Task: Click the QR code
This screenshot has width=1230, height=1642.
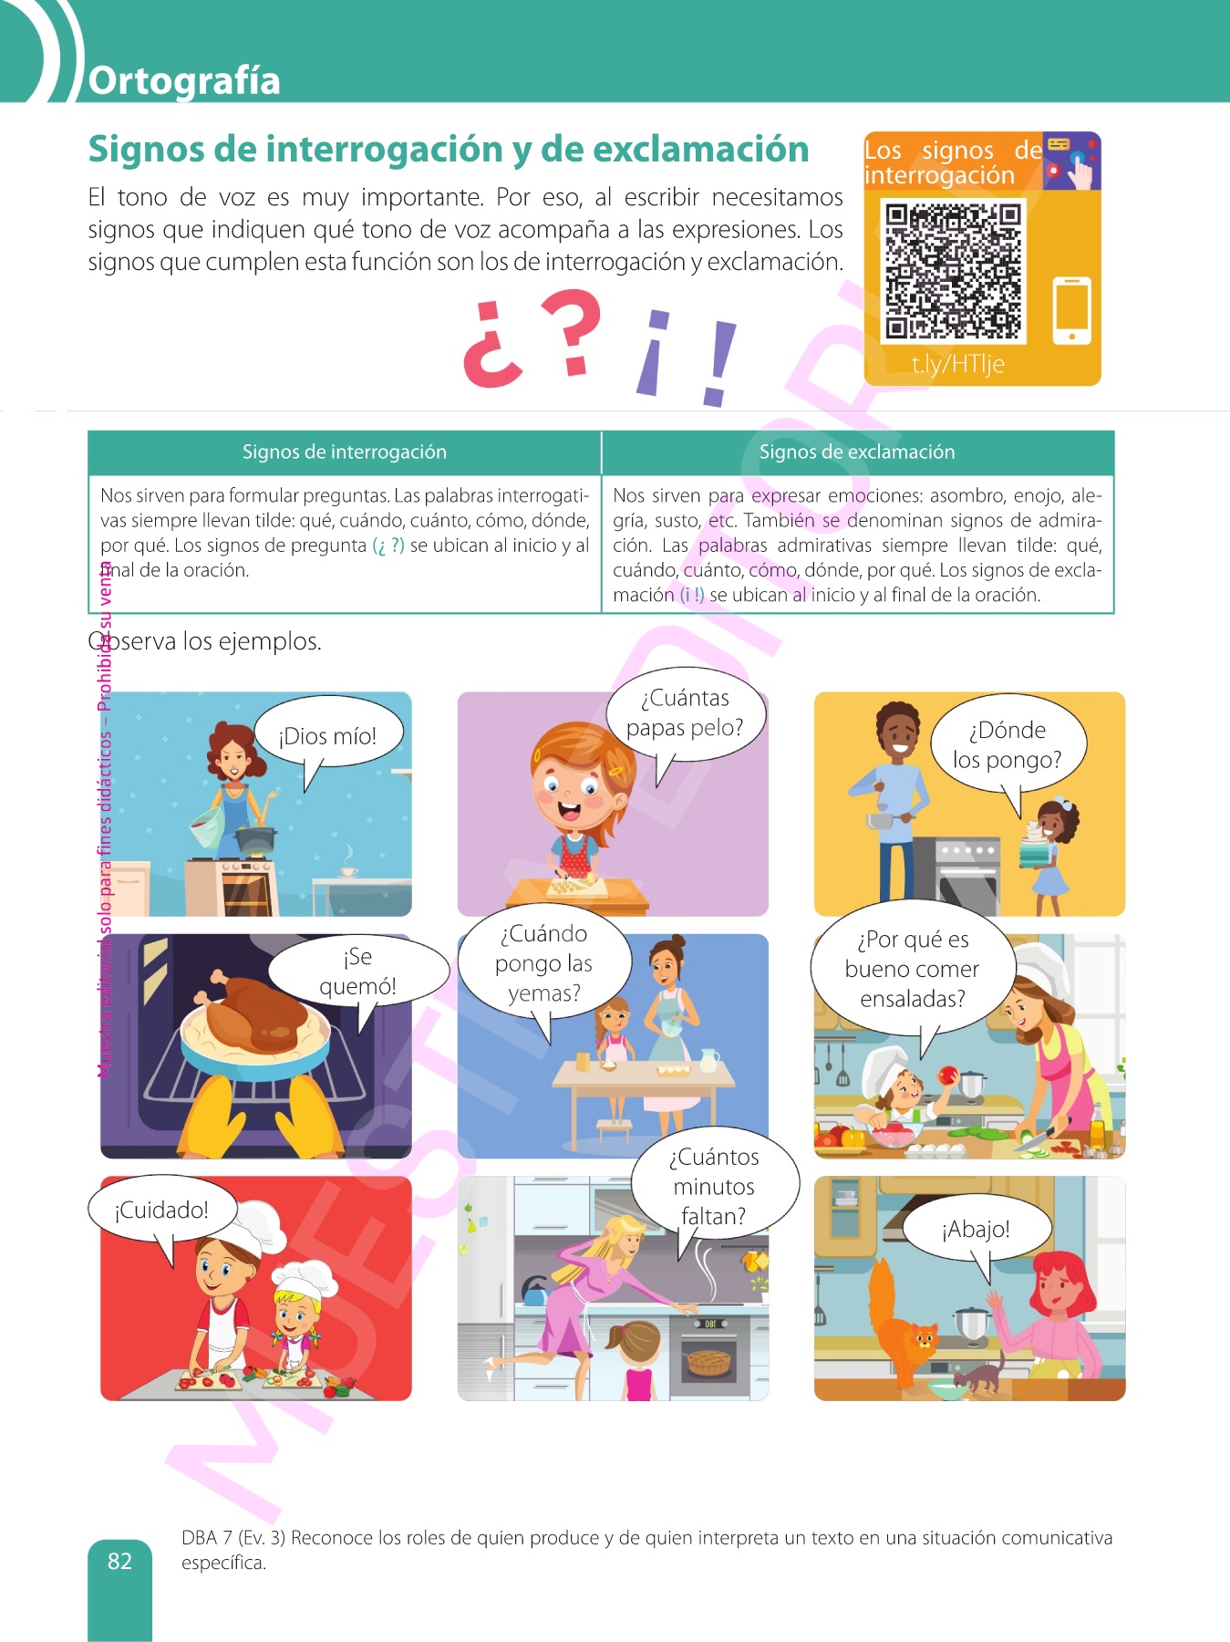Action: pos(954,271)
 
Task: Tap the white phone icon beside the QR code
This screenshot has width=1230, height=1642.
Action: pos(1071,310)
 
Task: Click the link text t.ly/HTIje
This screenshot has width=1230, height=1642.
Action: pos(957,364)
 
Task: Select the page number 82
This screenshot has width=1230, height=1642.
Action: pos(119,1561)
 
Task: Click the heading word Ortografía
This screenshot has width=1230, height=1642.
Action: pos(184,80)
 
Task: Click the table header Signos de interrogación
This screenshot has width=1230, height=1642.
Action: pos(345,452)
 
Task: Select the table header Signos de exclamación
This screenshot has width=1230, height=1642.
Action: pos(857,452)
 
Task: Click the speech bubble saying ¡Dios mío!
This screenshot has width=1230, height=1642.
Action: pos(328,736)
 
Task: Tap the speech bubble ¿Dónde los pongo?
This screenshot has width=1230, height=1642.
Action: pos(1008,745)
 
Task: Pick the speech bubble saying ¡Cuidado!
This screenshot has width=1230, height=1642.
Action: pos(162,1211)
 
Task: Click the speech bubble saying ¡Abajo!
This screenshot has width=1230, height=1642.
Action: pos(977,1230)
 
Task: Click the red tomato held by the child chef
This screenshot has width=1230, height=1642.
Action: pos(949,1076)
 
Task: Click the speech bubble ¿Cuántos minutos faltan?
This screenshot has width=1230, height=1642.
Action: pos(715,1187)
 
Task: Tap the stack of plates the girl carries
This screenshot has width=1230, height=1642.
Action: pos(1035,847)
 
